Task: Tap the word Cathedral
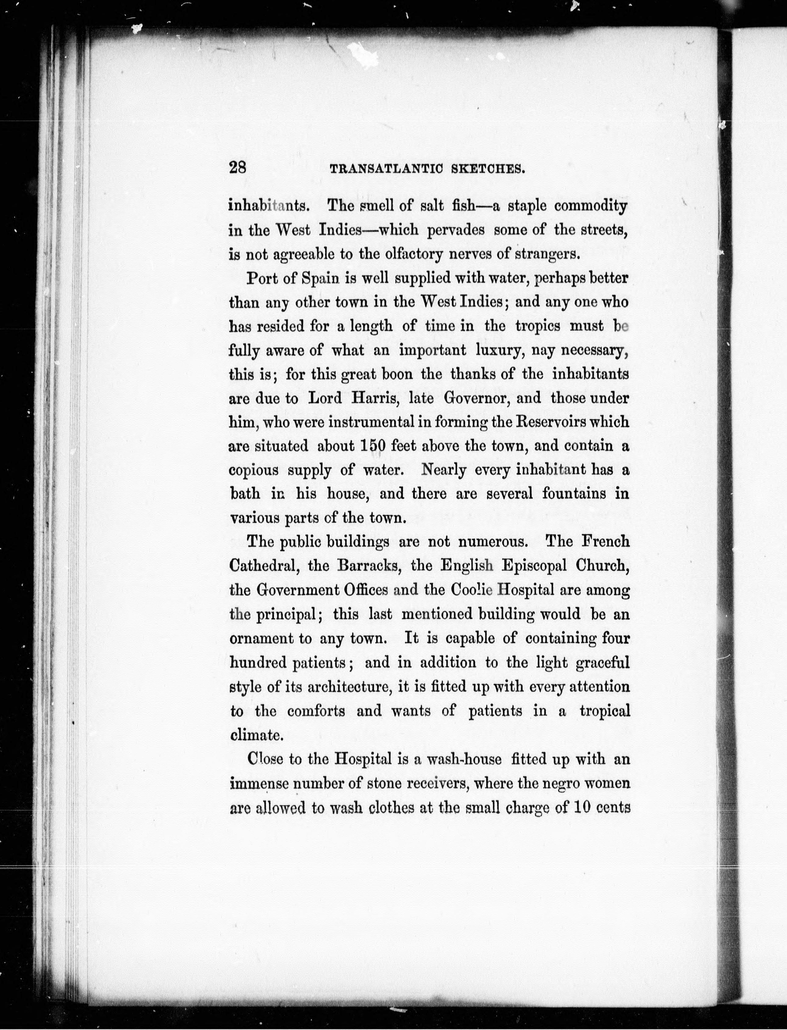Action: pos(265,566)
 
